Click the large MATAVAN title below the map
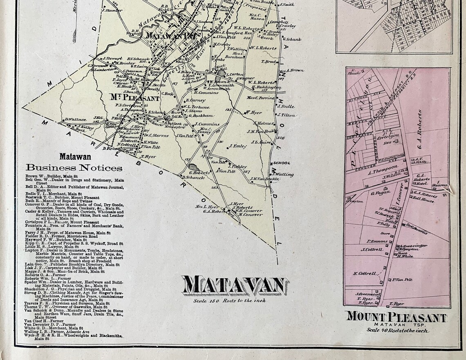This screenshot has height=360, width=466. (235, 286)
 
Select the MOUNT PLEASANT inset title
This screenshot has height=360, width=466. (396, 317)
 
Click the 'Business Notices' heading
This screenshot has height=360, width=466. (74, 168)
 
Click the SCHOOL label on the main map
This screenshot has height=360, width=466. (282, 163)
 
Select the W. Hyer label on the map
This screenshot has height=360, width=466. (253, 112)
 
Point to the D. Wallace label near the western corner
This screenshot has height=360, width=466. (75, 119)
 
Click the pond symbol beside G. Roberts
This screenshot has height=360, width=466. (194, 167)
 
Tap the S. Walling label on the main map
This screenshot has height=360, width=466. (282, 175)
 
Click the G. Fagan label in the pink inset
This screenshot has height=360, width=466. (379, 192)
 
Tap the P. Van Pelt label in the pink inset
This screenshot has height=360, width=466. (402, 280)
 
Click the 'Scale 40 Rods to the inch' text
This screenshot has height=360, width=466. (397, 330)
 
